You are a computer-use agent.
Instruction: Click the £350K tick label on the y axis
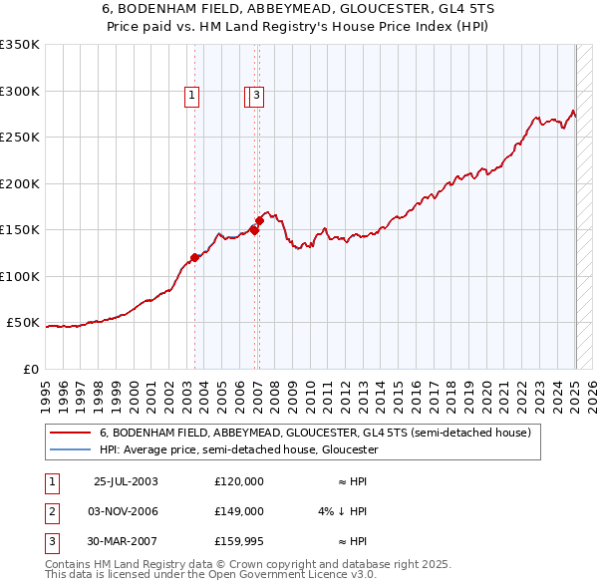pyautogui.click(x=20, y=45)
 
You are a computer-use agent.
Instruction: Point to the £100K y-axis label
pyautogui.click(x=20, y=276)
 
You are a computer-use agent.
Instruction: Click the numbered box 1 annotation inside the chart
pyautogui.click(x=191, y=96)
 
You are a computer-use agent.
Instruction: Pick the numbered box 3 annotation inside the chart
pyautogui.click(x=256, y=96)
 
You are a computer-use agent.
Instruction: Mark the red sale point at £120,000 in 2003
pyautogui.click(x=194, y=257)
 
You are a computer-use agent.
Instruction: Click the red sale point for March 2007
pyautogui.click(x=259, y=220)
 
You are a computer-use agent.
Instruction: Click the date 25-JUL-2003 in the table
pyautogui.click(x=126, y=481)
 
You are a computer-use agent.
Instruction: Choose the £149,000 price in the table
pyautogui.click(x=239, y=511)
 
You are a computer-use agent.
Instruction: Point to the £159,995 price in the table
pyautogui.click(x=239, y=542)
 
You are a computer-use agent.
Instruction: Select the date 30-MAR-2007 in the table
pyautogui.click(x=126, y=542)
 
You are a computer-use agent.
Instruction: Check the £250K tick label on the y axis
pyautogui.click(x=20, y=138)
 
